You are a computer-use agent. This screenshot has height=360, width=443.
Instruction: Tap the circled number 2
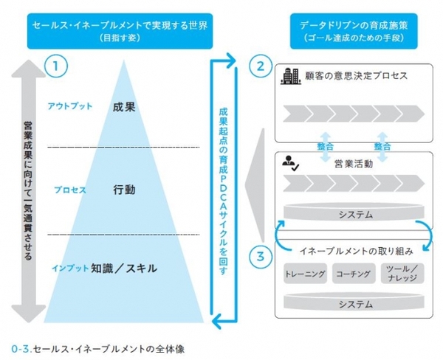point(258,66)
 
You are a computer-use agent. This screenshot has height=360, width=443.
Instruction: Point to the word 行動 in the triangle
point(124,190)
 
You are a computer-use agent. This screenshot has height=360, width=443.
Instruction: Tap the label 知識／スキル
point(123,268)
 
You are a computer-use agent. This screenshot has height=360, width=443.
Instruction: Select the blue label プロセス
point(70,190)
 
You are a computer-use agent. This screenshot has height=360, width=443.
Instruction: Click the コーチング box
point(354,274)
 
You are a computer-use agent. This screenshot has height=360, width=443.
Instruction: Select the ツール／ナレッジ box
point(402,274)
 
